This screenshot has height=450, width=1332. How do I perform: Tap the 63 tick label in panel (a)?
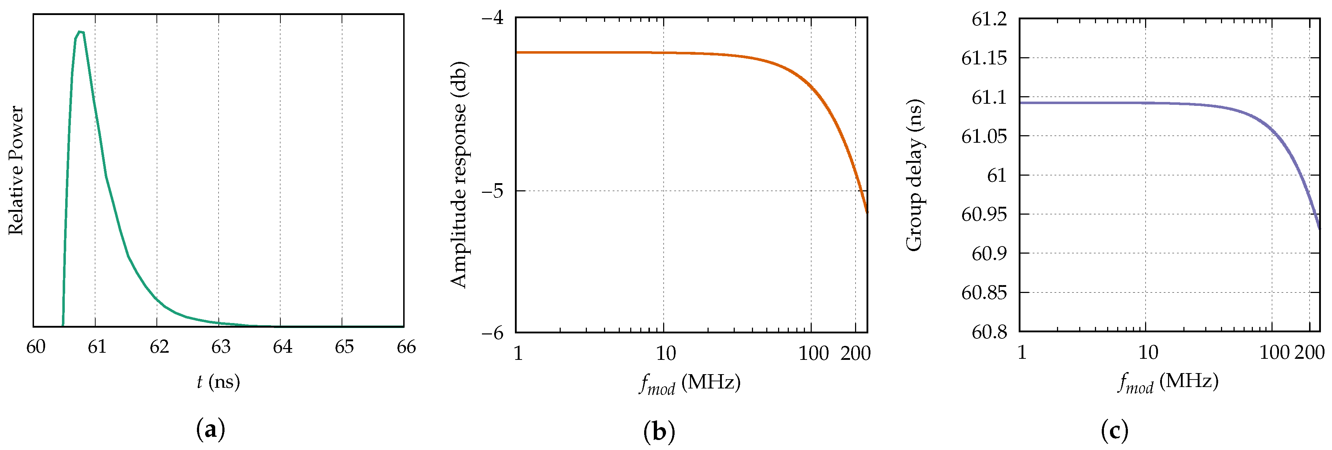click(221, 347)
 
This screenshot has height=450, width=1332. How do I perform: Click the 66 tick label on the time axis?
click(406, 347)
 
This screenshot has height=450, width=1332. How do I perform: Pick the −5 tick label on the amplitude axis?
click(492, 191)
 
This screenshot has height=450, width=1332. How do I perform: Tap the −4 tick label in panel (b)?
click(492, 19)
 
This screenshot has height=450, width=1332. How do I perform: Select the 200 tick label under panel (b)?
click(855, 353)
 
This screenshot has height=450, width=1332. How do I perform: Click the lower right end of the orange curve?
click(867, 211)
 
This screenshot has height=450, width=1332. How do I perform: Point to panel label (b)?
click(659, 431)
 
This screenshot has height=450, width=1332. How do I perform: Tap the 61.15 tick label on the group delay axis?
click(984, 58)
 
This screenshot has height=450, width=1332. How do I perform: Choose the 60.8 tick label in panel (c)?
click(989, 332)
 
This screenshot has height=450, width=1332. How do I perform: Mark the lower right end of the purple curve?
click(1319, 228)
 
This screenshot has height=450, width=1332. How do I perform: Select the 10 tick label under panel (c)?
click(1148, 352)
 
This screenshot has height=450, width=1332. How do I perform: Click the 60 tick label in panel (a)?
click(36, 347)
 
